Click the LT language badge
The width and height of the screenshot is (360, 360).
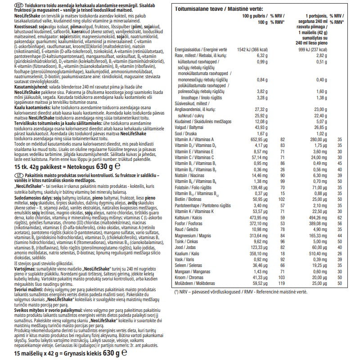tap(6, 175)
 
